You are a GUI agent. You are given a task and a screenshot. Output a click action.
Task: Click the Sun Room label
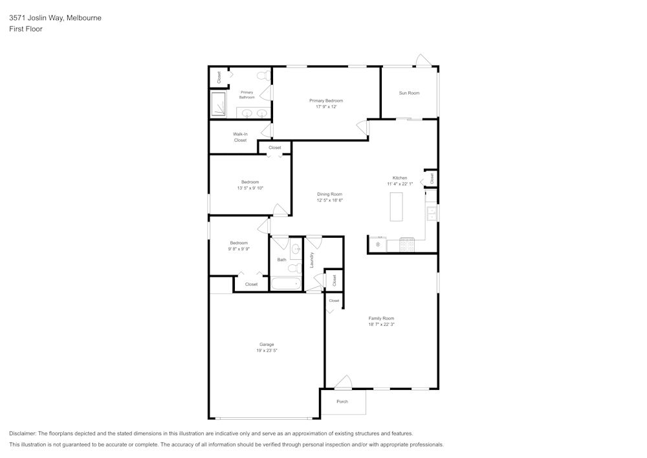coord(409,93)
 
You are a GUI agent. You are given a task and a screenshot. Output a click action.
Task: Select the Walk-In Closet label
coord(240,137)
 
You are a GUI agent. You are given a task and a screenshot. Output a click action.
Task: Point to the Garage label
coord(267,344)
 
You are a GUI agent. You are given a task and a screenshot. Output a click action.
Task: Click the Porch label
coord(342,402)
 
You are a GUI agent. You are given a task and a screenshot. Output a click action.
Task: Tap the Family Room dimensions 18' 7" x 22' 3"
coord(381,325)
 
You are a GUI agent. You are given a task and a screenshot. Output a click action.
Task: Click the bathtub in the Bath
coord(285,284)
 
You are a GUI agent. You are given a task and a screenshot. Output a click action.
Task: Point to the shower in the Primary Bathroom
coord(219,104)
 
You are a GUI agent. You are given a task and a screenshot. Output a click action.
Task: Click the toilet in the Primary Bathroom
coord(263,76)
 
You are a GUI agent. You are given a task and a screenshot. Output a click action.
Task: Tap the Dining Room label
coord(329,194)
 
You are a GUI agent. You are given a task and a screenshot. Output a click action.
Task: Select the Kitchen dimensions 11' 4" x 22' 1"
coord(400,184)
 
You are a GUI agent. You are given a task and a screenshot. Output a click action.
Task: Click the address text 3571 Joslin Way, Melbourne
coord(55,18)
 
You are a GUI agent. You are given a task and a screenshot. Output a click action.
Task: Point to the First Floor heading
coord(26,29)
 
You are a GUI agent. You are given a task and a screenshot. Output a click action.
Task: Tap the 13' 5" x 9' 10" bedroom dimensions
coord(250,188)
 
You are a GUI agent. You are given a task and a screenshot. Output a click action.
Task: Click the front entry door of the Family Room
coord(343,383)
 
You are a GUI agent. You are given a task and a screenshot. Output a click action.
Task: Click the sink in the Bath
coord(296,249)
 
